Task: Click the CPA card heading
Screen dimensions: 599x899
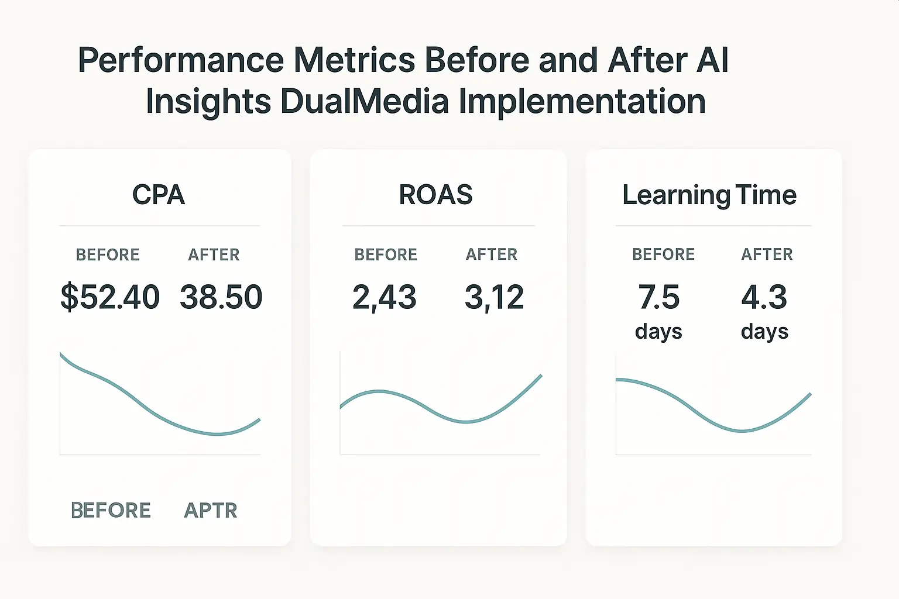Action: (159, 195)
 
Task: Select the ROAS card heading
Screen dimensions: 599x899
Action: (435, 195)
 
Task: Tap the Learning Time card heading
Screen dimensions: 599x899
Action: (709, 195)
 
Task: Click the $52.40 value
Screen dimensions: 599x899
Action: (110, 297)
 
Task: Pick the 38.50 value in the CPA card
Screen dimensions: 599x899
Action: (221, 297)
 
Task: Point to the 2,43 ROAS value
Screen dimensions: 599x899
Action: (385, 297)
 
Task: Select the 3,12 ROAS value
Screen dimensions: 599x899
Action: (494, 297)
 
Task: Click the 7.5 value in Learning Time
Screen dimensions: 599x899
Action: (659, 297)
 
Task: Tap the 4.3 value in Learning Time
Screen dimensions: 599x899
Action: (764, 297)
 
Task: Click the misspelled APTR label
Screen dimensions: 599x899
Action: (211, 511)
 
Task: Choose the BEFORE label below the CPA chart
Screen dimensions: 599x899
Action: (111, 511)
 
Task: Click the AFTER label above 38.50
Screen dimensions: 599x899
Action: (214, 255)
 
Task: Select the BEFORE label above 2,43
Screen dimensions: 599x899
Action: (386, 255)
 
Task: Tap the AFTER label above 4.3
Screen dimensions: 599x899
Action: (767, 254)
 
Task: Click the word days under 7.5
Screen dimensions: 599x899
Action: (658, 332)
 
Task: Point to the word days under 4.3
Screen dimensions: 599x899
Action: (764, 332)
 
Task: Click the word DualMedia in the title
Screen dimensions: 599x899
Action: (365, 101)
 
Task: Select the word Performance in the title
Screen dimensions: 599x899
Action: (181, 60)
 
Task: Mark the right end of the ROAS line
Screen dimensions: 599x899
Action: (541, 376)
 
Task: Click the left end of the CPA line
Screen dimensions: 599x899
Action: (61, 353)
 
